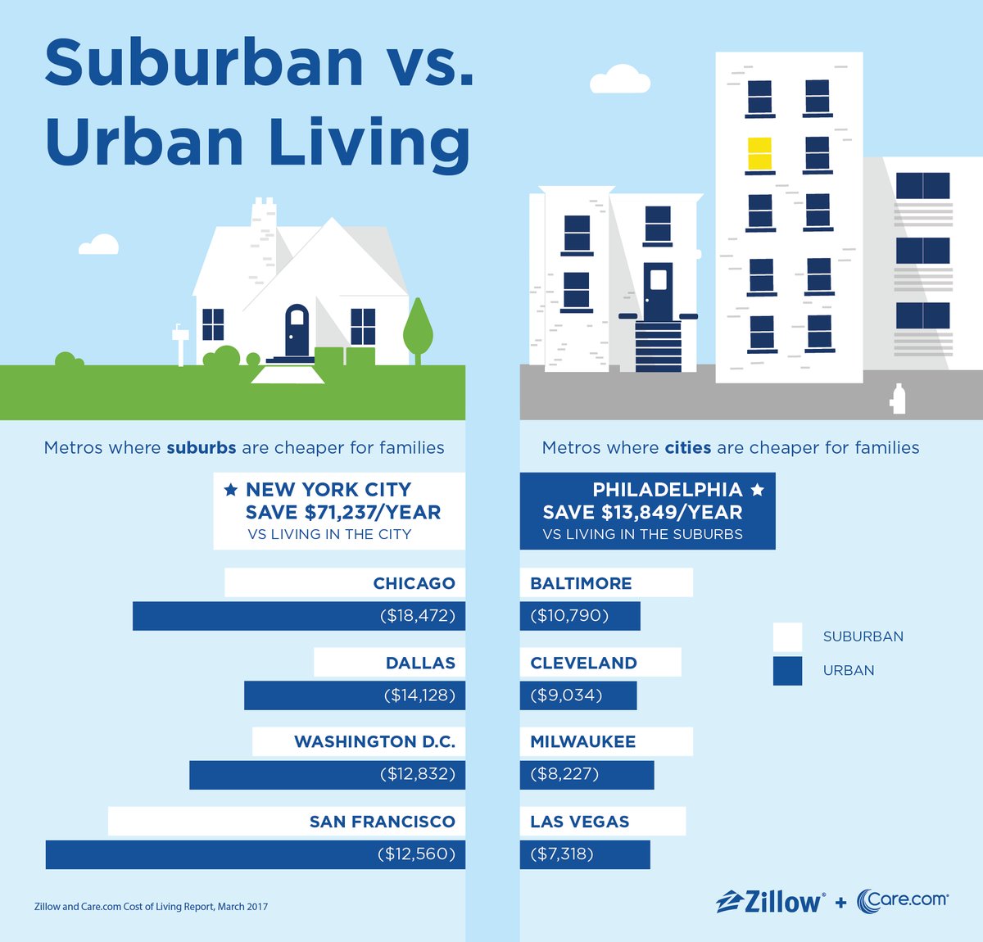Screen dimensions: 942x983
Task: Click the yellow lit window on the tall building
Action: coord(759,154)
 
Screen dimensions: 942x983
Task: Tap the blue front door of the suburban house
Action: coord(297,329)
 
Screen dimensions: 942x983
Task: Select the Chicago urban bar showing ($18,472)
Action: coord(299,616)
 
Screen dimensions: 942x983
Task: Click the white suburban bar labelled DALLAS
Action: coord(389,663)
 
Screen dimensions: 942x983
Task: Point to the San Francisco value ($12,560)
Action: coord(415,854)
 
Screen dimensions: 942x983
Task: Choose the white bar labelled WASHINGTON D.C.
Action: coord(358,742)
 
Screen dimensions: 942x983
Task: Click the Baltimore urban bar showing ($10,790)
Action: coord(580,616)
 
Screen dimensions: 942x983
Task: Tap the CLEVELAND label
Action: coord(583,663)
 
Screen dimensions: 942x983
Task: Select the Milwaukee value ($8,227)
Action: coord(564,774)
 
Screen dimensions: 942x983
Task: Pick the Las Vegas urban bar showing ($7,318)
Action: coord(585,854)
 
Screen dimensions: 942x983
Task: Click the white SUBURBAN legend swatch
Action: coord(787,636)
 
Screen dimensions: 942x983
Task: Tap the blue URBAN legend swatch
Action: coord(787,671)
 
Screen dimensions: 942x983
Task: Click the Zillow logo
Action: coord(770,901)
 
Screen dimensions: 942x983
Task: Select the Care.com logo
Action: coord(903,900)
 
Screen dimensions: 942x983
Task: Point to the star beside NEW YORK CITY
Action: coord(231,490)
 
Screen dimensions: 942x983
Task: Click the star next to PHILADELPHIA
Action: coord(758,490)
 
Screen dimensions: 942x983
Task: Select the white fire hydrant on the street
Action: coord(899,399)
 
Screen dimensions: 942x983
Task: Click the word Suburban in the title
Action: coord(204,63)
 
